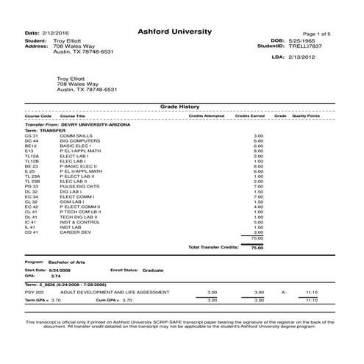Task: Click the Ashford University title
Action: tap(174, 32)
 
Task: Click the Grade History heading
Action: tap(180, 107)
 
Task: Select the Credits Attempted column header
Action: tap(207, 116)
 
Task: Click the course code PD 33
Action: tap(31, 186)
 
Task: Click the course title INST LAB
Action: tap(71, 227)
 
